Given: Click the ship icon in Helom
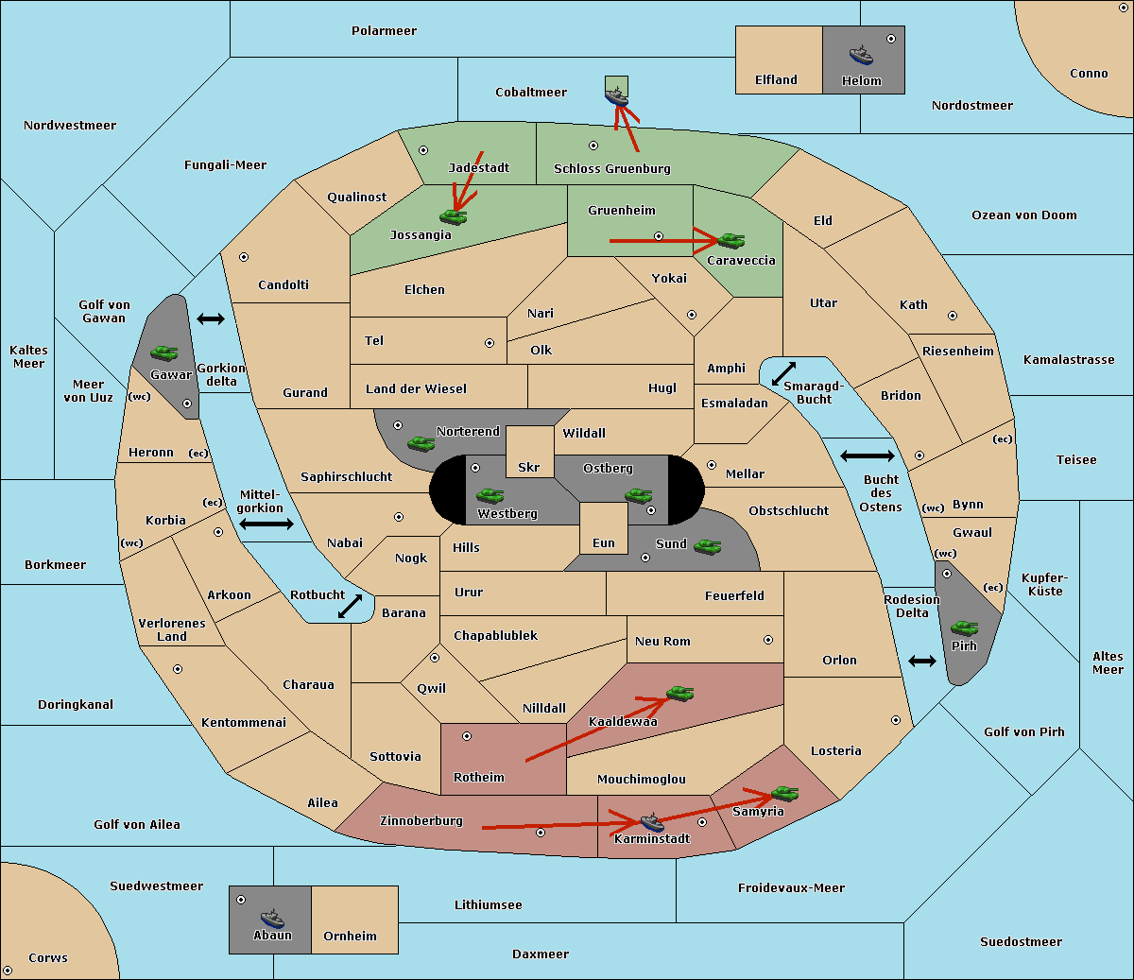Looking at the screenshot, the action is click(x=861, y=55).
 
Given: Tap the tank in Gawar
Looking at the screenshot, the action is click(x=164, y=352).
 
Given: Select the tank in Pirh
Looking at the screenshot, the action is click(x=964, y=628).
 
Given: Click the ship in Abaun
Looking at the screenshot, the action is click(x=272, y=918).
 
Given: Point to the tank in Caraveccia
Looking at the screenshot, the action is click(x=730, y=240).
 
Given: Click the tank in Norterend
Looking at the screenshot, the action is click(x=421, y=443).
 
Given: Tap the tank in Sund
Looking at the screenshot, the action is click(x=707, y=546).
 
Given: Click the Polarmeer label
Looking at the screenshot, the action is click(x=384, y=31).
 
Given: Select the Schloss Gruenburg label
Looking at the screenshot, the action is click(x=612, y=168).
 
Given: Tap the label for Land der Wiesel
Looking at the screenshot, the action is click(x=416, y=388).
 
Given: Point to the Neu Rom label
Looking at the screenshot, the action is click(x=662, y=641).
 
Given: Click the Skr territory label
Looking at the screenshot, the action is click(x=528, y=467).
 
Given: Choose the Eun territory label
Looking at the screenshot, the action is click(x=604, y=542).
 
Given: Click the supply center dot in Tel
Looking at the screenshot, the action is click(x=490, y=343).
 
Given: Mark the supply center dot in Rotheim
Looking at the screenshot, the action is click(x=466, y=736).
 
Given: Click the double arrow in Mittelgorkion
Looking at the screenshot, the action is click(x=266, y=524).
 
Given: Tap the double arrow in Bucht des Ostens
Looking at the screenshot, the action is click(x=867, y=456).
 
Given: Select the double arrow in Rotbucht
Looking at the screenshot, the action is click(x=350, y=606).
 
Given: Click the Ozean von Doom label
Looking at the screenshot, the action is click(x=1023, y=215).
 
